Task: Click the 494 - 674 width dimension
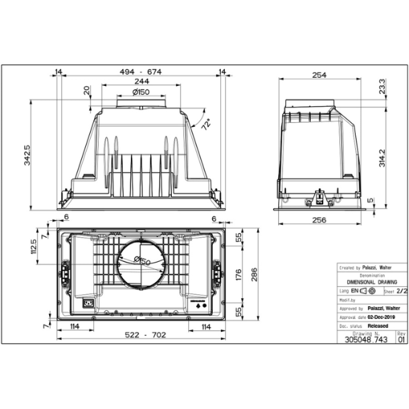click(x=140, y=71)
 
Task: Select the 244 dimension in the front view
click(x=140, y=82)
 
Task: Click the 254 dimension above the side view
click(x=319, y=75)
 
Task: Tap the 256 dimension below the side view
click(x=319, y=220)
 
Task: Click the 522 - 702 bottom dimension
click(x=140, y=335)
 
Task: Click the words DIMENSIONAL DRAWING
click(x=371, y=282)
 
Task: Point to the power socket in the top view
click(x=88, y=303)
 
